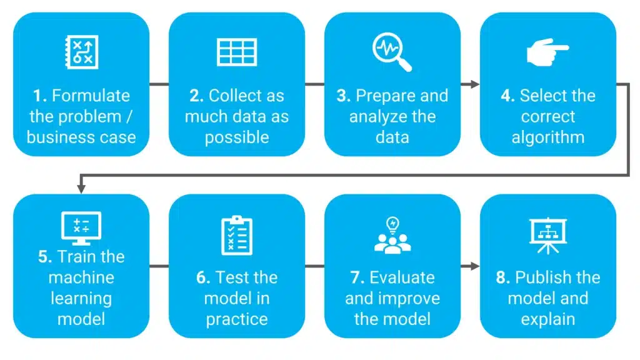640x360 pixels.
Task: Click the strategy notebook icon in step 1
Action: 81,52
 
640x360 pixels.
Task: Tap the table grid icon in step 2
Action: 237,52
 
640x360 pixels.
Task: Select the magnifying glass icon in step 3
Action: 392,51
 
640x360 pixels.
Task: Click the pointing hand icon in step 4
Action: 547,52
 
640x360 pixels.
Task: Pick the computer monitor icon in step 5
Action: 81,227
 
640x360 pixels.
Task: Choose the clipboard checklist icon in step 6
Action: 237,234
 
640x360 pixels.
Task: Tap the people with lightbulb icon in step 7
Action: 392,234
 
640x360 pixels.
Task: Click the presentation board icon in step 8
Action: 547,234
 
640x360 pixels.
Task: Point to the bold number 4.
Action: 506,96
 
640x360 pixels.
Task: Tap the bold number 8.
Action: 502,277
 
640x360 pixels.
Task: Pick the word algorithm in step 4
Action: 547,137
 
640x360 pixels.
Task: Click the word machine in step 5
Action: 81,277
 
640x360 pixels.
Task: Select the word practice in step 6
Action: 237,319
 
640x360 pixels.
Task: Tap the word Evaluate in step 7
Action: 402,277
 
